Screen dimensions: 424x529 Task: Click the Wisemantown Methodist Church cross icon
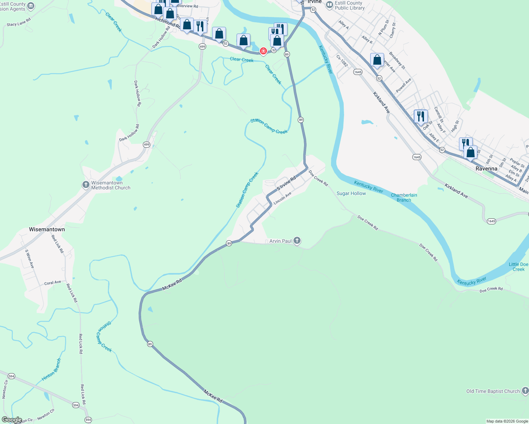coord(86,185)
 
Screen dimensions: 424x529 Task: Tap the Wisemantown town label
coord(47,229)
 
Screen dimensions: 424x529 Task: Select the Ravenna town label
coord(486,169)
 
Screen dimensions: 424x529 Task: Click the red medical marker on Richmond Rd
coord(263,51)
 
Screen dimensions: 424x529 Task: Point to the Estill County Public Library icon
coord(330,5)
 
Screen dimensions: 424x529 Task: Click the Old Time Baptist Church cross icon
coord(525,391)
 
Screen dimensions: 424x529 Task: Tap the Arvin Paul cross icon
coord(297,241)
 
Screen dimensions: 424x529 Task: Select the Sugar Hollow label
coord(351,193)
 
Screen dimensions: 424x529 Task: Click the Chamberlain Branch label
coord(404,198)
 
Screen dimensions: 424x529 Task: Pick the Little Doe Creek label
coord(518,267)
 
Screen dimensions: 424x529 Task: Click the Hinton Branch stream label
coord(52,370)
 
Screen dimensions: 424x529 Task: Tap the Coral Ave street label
coord(53,283)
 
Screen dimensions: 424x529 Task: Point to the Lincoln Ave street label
coord(283,198)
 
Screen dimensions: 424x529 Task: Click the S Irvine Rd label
coord(286,184)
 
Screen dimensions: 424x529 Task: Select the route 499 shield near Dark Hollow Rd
coord(147,145)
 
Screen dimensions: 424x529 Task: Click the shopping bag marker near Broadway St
coord(377,60)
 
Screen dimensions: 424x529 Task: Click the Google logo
coord(12,420)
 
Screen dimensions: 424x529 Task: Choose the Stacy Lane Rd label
coord(19,22)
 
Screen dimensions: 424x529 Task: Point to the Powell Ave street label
coord(403,86)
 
